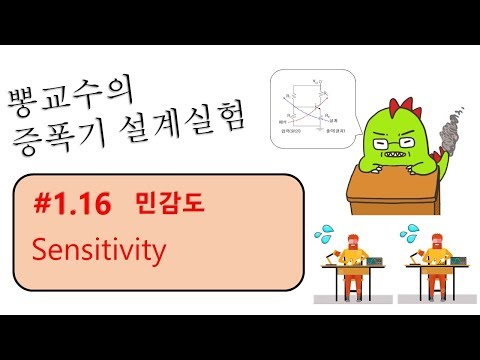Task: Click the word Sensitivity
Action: (98, 250)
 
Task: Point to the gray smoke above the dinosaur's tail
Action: (447, 130)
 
